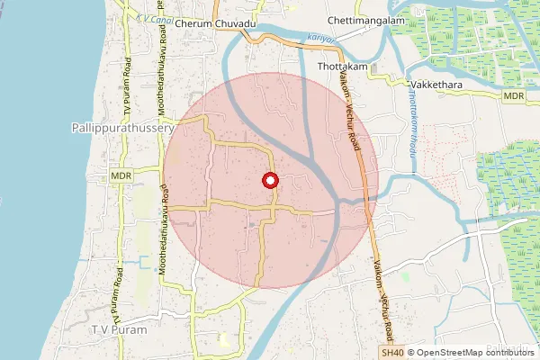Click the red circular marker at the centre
269,180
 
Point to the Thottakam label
343,67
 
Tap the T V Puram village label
118,330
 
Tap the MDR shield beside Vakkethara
514,95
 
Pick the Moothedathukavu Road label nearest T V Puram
164,229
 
